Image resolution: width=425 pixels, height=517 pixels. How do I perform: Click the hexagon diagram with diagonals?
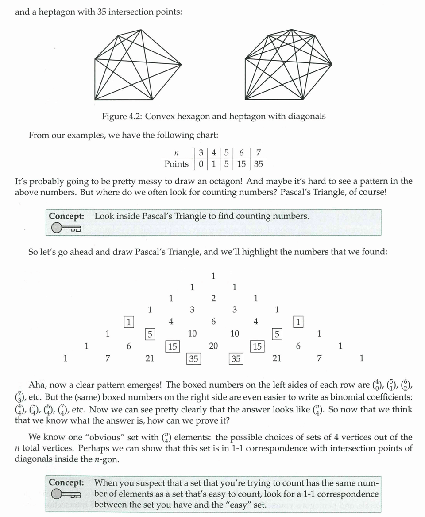click(138, 65)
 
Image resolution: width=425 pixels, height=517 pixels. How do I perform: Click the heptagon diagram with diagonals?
click(288, 65)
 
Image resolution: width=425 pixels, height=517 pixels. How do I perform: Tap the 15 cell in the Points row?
click(241, 164)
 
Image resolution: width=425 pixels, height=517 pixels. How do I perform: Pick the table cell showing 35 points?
click(259, 164)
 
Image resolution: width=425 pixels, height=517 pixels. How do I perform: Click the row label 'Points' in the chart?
click(176, 164)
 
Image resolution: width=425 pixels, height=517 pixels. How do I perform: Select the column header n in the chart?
click(176, 152)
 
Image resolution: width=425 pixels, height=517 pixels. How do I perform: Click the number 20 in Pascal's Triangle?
click(213, 346)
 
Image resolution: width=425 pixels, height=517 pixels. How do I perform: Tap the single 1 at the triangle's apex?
click(213, 276)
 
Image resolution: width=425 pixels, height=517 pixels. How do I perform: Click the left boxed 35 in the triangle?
click(193, 358)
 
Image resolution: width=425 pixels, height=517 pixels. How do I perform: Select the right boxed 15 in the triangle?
click(257, 346)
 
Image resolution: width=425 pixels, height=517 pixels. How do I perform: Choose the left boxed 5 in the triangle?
click(150, 334)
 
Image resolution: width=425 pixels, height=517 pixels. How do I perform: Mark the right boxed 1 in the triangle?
click(298, 322)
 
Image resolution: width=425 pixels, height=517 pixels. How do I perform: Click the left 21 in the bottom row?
click(150, 358)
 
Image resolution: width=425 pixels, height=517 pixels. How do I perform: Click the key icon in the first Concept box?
click(66, 228)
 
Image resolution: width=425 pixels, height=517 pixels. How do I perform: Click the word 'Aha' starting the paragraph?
click(37, 385)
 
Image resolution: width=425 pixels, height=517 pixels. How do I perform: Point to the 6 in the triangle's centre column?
click(213, 322)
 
